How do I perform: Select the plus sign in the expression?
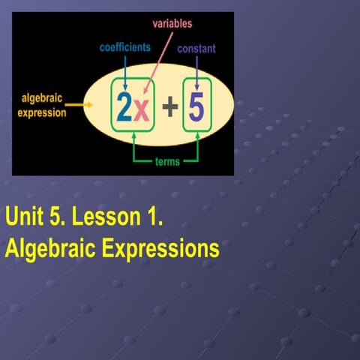point(170,109)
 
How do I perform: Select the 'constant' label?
point(196,49)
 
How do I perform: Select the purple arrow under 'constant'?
point(196,71)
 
